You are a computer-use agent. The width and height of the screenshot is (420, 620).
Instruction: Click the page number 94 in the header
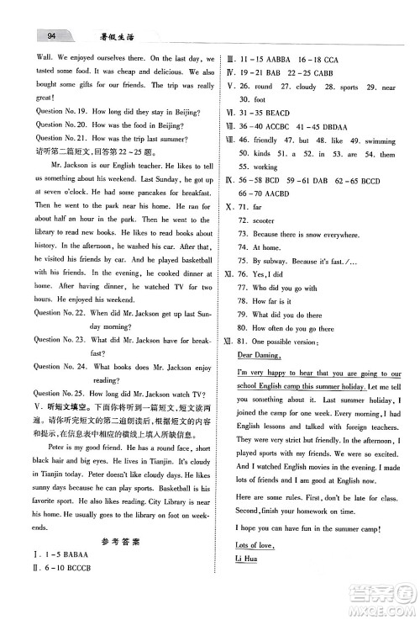point(52,34)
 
